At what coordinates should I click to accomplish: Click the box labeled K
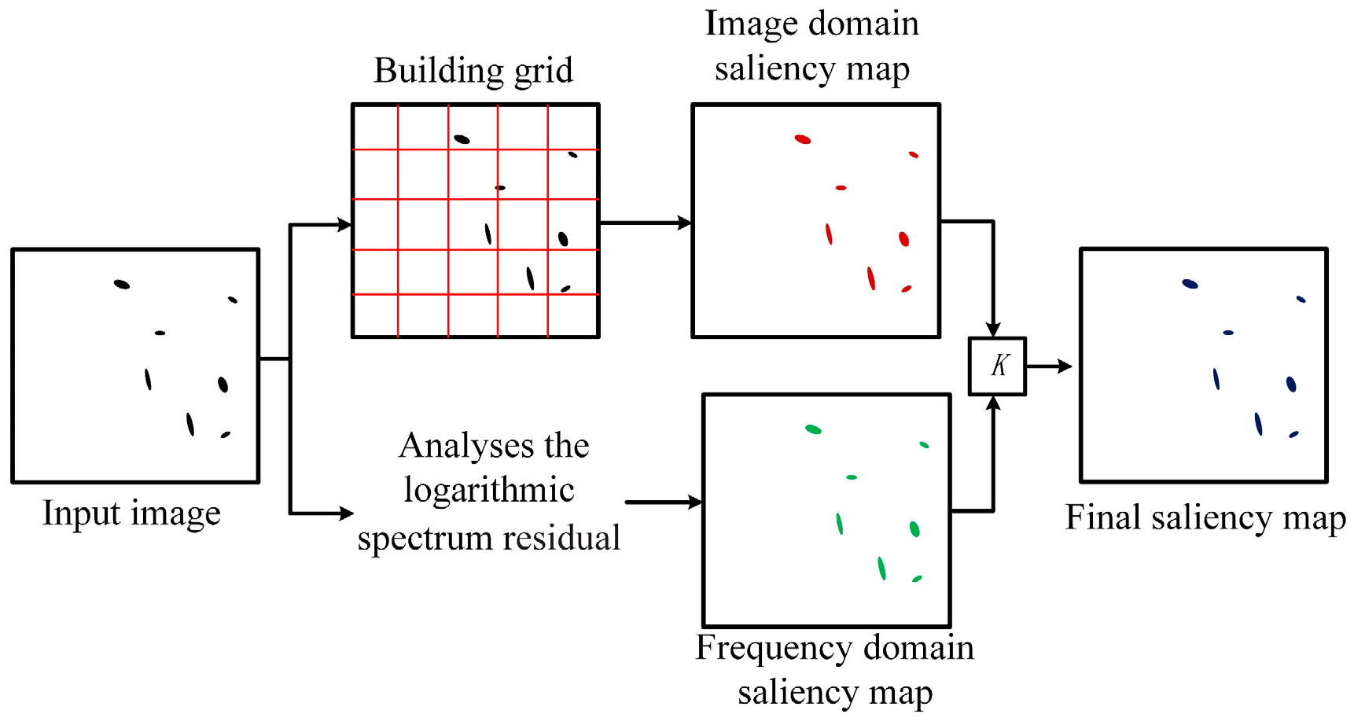(x=997, y=366)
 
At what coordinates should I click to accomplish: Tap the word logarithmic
(x=489, y=491)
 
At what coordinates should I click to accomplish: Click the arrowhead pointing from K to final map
(x=1065, y=366)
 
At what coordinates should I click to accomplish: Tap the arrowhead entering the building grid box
(x=344, y=225)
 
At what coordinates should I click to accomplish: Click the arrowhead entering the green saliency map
(x=694, y=502)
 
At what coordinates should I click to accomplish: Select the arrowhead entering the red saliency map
(x=684, y=223)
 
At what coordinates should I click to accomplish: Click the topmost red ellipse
(x=802, y=139)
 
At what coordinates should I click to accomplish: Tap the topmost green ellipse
(x=813, y=429)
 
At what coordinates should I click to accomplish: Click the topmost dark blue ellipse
(x=1190, y=284)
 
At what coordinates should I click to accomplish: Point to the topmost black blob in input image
(x=121, y=284)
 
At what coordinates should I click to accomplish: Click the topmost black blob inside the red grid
(x=462, y=139)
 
